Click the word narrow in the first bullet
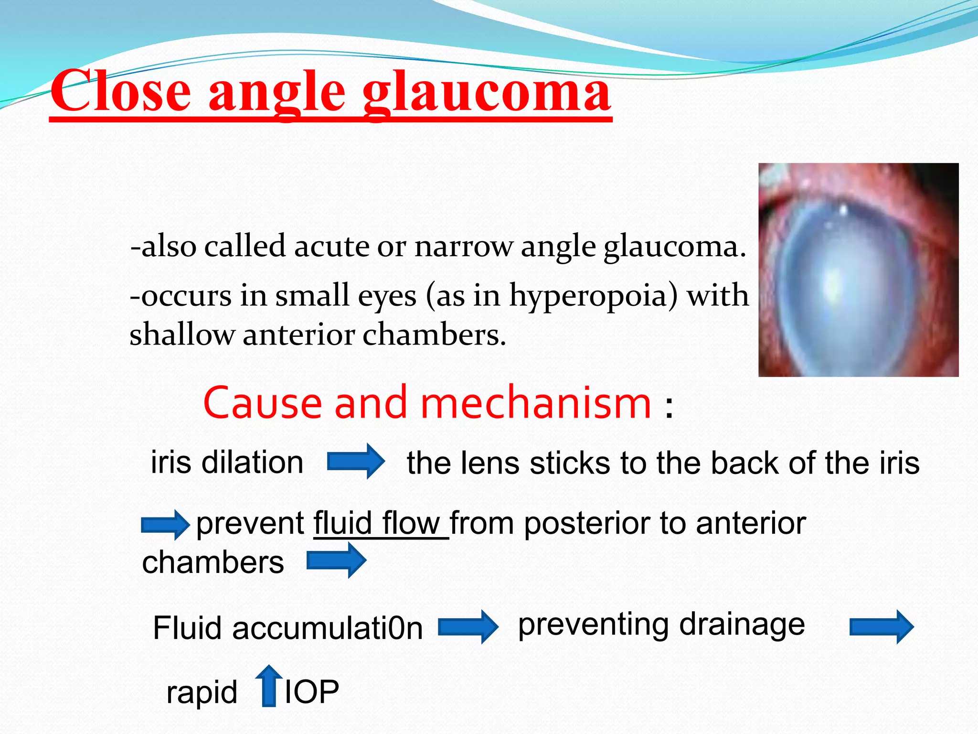[x=463, y=247]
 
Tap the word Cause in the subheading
[x=262, y=403]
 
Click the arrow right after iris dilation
[x=355, y=461]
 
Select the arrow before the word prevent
[x=165, y=525]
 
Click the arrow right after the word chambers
[x=336, y=560]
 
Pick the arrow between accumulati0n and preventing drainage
[x=468, y=626]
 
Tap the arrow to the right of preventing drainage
[x=881, y=626]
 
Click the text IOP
[x=311, y=691]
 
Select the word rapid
[x=202, y=692]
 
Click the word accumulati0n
[x=327, y=628]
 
